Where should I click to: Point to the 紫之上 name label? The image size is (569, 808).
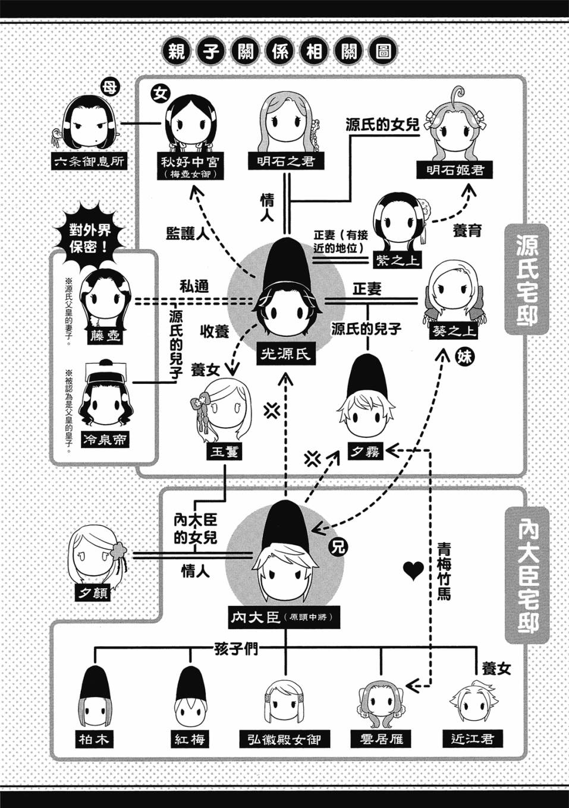click(x=398, y=259)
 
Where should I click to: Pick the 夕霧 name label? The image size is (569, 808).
click(x=364, y=453)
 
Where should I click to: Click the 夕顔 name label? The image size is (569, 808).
click(x=93, y=592)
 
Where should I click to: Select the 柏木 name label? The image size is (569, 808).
click(x=95, y=739)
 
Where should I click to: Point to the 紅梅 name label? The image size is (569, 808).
click(x=190, y=739)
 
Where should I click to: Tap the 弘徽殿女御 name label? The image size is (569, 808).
click(x=284, y=740)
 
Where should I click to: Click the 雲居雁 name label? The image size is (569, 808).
click(x=381, y=740)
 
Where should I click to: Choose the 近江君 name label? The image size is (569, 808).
click(x=472, y=740)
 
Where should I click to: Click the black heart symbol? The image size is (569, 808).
click(x=413, y=571)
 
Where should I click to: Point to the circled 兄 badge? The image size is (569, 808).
click(x=337, y=547)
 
